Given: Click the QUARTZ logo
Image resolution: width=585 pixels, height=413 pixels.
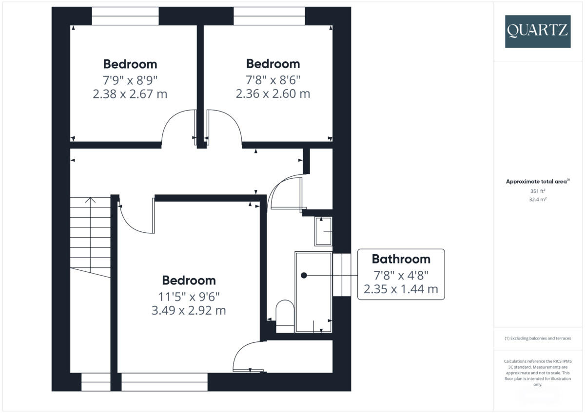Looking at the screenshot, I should pos(538,31).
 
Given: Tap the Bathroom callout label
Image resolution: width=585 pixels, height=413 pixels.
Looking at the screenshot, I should pos(401,259).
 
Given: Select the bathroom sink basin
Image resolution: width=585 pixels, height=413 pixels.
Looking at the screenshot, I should pos(324,231).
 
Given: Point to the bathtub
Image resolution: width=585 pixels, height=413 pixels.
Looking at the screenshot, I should pos(313,292).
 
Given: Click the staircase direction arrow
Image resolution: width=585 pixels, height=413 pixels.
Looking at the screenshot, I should pos(90,201).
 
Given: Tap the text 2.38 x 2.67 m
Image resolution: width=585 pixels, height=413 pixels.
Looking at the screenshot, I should pos(130,94).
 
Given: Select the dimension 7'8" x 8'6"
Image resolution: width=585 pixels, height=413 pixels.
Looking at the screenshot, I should pos(273,78).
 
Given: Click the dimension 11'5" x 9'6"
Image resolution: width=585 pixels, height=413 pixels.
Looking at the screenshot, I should pos(189,295).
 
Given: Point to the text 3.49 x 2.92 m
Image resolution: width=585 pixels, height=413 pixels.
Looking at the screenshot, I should pos(189,310).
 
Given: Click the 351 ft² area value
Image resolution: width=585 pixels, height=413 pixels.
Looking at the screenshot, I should pos(538,191).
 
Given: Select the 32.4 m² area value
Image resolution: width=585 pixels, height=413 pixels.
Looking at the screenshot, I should pos(538,199).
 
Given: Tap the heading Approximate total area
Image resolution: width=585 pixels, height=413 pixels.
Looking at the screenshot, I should pos(537,182).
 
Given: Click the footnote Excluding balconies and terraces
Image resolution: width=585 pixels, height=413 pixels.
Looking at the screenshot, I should pos(538,338).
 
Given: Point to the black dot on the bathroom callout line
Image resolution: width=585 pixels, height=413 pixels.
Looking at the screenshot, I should pos(304,275).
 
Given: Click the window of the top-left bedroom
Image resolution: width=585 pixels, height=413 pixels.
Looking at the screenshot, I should pos(125,16).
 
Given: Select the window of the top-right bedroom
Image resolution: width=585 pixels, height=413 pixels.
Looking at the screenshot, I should pos(269,16).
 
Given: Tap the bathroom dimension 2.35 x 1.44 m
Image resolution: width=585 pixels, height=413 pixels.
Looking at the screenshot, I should pos(401,290).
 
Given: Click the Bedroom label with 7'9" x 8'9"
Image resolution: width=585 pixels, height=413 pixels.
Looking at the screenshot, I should pos(130,64).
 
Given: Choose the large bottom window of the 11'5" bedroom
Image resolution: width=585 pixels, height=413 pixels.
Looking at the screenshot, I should pos(164,382).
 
